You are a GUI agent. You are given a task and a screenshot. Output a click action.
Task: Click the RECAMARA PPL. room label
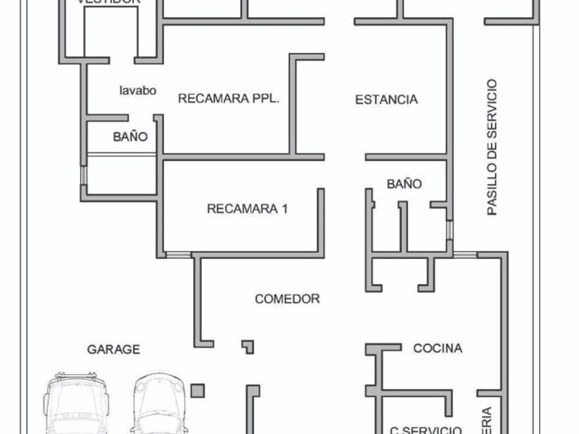229,99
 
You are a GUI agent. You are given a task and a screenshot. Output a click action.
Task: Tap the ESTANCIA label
386,100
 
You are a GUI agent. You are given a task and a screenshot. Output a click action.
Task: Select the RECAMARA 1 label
247,209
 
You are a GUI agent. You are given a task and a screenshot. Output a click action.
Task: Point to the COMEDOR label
287,299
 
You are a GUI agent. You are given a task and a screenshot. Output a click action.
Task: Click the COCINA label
438,349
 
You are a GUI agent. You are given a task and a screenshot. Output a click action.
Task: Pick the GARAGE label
113,350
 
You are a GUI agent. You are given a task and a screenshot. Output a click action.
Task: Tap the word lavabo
138,90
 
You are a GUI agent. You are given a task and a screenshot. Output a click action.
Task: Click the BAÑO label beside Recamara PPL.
130,137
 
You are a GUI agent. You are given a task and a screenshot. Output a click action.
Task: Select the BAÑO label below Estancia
404,184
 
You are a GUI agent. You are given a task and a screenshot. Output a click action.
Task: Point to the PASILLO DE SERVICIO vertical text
491,147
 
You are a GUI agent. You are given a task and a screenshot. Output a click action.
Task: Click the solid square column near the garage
198,391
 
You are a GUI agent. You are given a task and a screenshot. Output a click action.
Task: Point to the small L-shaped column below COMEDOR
247,346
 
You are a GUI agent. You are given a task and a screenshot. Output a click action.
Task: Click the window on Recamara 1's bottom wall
179,255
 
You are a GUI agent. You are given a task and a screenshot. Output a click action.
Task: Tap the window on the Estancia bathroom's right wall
449,229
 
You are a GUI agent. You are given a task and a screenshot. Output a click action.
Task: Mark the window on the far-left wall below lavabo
83,175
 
